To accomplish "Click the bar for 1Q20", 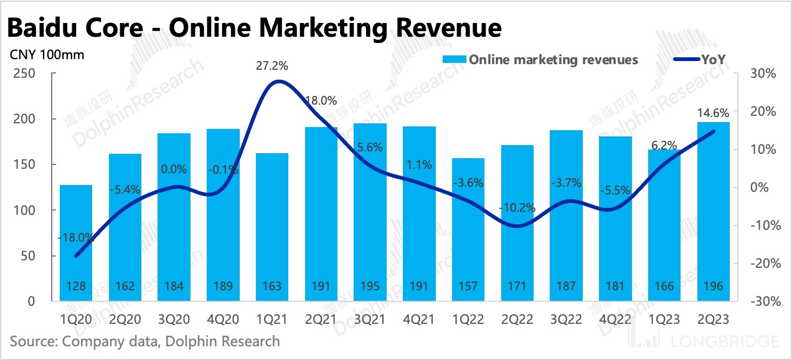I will [x=76, y=243].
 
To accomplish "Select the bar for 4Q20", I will [x=222, y=215].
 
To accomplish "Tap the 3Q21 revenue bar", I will [x=370, y=212].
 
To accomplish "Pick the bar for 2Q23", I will [x=713, y=212].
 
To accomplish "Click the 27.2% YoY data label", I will [x=271, y=65].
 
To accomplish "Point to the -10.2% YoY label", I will [x=517, y=208].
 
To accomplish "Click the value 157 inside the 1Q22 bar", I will [x=468, y=286].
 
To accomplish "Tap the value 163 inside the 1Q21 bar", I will [x=271, y=286].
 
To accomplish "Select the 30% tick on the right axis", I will [x=763, y=73].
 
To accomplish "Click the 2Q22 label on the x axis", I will [x=517, y=318].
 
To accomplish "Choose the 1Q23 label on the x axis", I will [x=664, y=318].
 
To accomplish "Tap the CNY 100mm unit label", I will [x=47, y=54].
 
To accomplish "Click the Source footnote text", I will [x=144, y=341].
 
